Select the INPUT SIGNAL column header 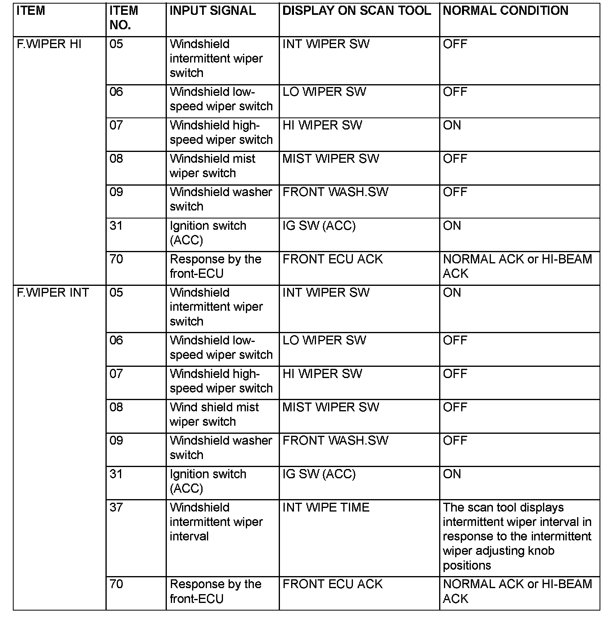(x=213, y=11)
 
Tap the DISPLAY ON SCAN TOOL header (x=357, y=11)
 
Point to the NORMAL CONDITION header (x=505, y=11)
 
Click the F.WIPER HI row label (x=49, y=44)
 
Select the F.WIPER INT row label (x=53, y=293)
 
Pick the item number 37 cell (x=116, y=508)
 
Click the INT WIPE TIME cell (x=326, y=508)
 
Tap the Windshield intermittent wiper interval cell (x=216, y=522)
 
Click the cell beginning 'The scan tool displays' (x=517, y=536)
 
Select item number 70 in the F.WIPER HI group (x=116, y=259)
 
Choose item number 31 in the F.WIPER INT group (x=116, y=474)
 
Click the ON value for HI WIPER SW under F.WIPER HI (x=452, y=125)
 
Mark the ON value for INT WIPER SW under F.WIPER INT (x=452, y=293)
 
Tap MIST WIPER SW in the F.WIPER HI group (x=330, y=159)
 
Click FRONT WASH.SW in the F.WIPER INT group (x=335, y=441)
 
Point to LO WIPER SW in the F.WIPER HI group (x=324, y=92)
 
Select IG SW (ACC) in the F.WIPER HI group (x=319, y=226)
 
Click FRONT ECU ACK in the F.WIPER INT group (x=332, y=584)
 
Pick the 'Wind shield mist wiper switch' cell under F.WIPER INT (x=214, y=415)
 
